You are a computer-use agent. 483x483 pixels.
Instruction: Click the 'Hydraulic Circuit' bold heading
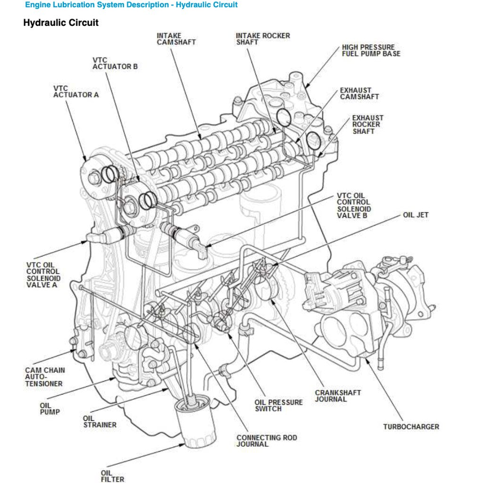[61, 23]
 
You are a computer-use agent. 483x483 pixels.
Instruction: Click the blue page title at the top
[131, 5]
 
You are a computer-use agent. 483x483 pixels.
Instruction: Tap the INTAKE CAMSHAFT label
[176, 39]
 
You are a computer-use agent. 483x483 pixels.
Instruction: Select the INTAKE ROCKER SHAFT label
[263, 39]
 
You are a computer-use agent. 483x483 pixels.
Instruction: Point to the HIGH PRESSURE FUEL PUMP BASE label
[371, 50]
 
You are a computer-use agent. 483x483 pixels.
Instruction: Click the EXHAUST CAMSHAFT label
[359, 93]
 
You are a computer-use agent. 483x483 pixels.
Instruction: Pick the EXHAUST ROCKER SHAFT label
[367, 125]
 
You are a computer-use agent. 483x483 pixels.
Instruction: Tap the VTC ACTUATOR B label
[115, 63]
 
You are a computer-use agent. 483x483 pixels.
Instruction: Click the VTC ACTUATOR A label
[75, 92]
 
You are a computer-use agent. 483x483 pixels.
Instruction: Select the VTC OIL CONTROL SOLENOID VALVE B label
[354, 206]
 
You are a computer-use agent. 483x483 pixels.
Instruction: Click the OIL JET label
[416, 215]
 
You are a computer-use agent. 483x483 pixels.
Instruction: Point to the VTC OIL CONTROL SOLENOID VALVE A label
[43, 275]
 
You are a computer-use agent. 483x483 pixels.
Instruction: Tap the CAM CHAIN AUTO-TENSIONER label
[45, 377]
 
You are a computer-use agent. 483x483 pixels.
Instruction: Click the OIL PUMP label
[50, 408]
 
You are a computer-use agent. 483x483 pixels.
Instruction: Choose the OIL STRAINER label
[100, 421]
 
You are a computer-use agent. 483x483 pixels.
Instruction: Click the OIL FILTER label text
[112, 476]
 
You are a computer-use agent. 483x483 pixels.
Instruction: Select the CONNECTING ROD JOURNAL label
[266, 441]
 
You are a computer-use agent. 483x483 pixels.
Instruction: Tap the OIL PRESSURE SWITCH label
[278, 405]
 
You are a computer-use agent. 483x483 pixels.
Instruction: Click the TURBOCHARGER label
[410, 427]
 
